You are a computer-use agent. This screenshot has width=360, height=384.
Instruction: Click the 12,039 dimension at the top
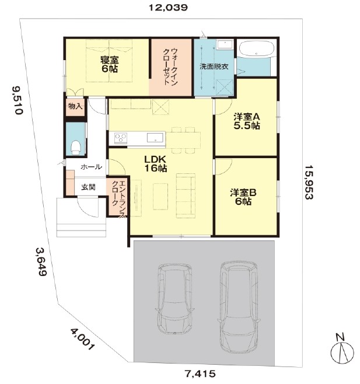[x=168, y=8]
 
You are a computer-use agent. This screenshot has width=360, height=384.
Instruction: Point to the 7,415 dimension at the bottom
[x=200, y=373]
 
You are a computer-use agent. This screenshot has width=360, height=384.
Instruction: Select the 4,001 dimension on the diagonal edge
[x=82, y=339]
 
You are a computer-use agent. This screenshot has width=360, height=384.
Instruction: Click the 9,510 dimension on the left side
[x=18, y=100]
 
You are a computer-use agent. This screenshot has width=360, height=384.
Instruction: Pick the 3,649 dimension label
[x=41, y=262]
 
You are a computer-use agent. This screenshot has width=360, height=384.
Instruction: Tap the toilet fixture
[x=76, y=148]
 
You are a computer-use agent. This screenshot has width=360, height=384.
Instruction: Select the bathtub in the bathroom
[x=256, y=49]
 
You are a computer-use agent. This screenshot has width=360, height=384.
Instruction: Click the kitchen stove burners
[x=121, y=138]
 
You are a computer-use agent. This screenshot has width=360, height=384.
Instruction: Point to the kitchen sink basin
[x=155, y=137]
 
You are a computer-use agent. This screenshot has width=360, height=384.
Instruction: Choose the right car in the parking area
[x=239, y=306]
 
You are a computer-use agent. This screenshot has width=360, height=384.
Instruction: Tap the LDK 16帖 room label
[x=156, y=163]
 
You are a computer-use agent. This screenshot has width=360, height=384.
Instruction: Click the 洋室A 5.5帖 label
[x=246, y=121]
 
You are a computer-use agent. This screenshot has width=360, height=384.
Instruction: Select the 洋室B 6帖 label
[x=243, y=197]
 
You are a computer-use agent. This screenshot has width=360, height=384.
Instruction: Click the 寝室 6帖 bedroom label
[x=110, y=64]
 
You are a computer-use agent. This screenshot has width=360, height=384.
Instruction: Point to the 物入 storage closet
[x=75, y=107]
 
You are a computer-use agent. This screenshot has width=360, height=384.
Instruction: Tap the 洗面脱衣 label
[x=214, y=67]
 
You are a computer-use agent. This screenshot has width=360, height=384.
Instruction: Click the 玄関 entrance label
[x=88, y=187]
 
